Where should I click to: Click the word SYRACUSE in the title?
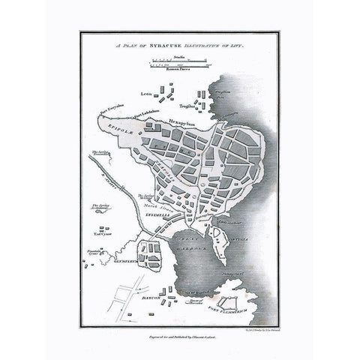(x=153, y=46)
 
